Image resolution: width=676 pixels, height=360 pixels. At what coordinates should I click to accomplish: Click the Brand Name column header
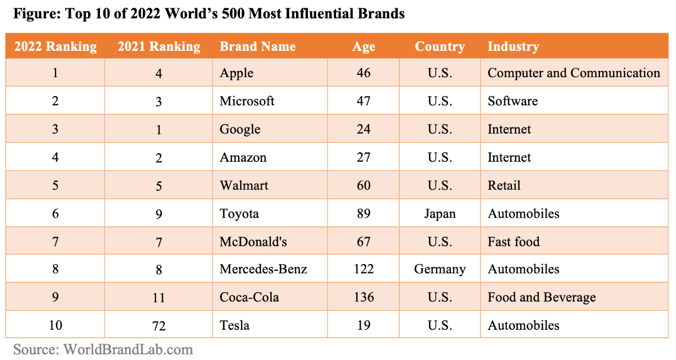pos(257,47)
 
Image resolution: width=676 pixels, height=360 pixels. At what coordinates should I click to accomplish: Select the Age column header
pos(363,47)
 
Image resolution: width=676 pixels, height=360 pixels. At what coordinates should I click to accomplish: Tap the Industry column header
pos(513,47)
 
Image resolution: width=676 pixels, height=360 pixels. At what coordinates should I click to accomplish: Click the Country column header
pos(439,47)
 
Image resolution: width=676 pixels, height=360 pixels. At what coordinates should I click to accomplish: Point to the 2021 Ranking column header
pos(159,47)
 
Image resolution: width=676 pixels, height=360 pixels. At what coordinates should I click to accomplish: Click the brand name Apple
pos(236,73)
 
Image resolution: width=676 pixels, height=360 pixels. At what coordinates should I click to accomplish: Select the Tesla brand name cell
pos(234,325)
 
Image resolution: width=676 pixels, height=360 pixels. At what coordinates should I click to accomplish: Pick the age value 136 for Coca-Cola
pos(363,297)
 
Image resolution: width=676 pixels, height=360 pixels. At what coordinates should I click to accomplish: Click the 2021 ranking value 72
pos(159,326)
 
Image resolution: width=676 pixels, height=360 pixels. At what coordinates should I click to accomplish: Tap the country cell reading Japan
pos(439,214)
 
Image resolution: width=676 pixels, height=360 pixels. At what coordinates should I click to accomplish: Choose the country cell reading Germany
pos(439,269)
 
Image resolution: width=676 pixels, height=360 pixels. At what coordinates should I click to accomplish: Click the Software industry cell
pos(512,101)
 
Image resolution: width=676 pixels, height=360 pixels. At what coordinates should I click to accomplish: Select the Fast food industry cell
pos(513,242)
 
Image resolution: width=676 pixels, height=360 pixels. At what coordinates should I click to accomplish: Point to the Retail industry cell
pos(503,186)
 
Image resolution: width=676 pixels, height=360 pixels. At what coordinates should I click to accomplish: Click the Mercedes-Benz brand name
pos(263,269)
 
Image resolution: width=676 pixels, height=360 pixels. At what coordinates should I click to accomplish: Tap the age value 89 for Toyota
pos(363,214)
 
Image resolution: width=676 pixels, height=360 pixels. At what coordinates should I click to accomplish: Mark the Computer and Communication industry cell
pos(573,73)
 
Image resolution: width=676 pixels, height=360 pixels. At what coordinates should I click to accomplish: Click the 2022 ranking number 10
pos(55,325)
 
